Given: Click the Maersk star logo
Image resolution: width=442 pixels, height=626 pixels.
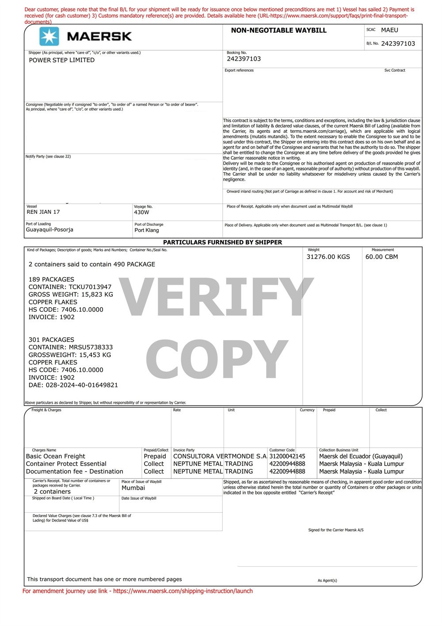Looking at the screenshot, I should (49, 36).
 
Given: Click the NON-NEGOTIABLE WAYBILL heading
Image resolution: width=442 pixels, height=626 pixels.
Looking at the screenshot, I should (278, 31).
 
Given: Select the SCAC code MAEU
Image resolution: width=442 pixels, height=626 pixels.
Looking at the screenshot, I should (389, 30).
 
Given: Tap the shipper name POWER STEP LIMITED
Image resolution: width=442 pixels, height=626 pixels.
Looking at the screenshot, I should (61, 60).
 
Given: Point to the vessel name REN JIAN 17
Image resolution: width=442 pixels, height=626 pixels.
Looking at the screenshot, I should (43, 212).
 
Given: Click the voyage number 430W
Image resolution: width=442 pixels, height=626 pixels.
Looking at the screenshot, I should (141, 213).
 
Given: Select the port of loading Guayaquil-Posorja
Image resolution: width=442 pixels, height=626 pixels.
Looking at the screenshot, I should (50, 230).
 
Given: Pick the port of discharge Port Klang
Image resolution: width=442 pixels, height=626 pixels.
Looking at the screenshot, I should (147, 230).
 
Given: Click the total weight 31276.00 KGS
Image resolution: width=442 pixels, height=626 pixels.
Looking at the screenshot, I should (328, 257).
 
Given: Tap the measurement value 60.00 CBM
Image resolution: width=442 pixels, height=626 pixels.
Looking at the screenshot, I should (381, 257).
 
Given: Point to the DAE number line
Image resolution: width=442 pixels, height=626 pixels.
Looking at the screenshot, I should (73, 385).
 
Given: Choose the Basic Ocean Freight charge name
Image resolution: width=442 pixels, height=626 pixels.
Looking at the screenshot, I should (55, 456).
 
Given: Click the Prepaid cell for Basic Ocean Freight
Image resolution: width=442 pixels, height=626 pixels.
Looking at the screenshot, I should (155, 456).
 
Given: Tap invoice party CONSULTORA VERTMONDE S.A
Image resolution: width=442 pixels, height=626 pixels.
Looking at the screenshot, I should (220, 456).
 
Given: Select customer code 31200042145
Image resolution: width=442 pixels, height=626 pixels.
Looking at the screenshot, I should (287, 456).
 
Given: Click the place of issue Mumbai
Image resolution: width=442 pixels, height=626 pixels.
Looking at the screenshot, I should (133, 488).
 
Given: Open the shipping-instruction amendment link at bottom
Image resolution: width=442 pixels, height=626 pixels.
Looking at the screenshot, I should (183, 591).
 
